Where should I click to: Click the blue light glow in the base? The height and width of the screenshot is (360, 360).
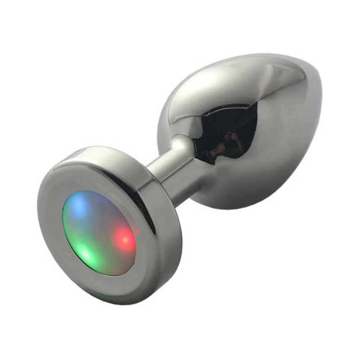click(80, 205)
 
